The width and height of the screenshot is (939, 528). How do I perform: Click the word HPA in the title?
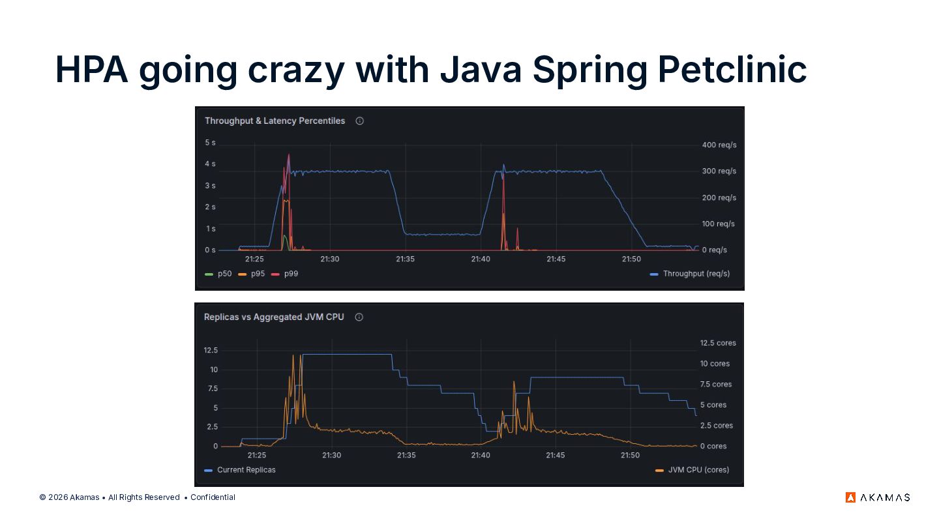[x=91, y=69]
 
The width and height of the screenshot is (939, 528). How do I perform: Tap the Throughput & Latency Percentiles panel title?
[x=275, y=121]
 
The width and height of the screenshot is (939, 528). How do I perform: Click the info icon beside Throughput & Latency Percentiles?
[x=359, y=121]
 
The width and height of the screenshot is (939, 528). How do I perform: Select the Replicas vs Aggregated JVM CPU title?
[x=274, y=317]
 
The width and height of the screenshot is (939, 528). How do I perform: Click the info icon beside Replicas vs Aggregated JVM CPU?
[x=359, y=317]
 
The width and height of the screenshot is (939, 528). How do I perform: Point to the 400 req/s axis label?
[x=719, y=145]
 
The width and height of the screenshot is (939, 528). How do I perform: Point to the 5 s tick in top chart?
[x=210, y=143]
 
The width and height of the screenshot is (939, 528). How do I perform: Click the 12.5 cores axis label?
[x=718, y=343]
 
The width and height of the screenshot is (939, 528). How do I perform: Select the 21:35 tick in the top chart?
[x=406, y=259]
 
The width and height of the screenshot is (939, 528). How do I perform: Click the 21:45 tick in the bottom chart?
[x=556, y=455]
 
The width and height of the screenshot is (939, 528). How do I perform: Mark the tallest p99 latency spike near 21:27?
[x=289, y=156]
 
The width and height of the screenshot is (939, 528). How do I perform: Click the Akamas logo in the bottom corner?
[x=878, y=497]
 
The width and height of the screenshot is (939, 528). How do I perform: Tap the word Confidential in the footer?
[x=213, y=497]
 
